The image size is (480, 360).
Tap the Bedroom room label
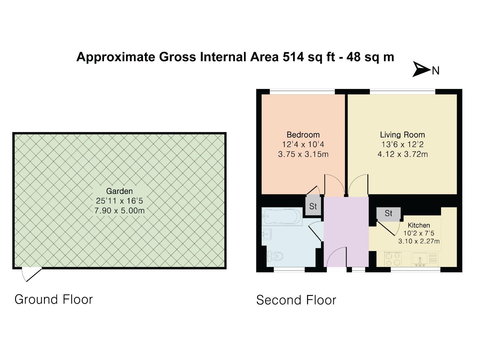(303, 135)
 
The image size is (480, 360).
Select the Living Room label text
(402, 135)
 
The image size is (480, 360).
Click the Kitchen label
(419, 225)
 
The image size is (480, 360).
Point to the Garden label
(119, 191)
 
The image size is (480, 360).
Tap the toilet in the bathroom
(275, 256)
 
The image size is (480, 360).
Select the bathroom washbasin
(267, 234)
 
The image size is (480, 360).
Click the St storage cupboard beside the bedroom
(313, 206)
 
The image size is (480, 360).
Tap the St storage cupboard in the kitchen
(388, 213)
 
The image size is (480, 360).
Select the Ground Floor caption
(53, 299)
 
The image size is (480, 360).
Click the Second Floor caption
(296, 300)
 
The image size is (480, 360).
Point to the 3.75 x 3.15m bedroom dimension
(303, 154)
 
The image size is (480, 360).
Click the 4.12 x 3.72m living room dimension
(402, 154)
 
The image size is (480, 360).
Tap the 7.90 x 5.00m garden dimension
(119, 211)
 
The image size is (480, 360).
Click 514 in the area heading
(293, 57)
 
